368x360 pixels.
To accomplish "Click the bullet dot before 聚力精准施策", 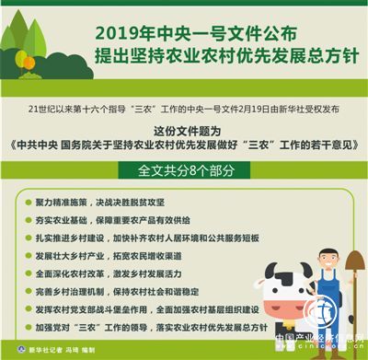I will [22, 201].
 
